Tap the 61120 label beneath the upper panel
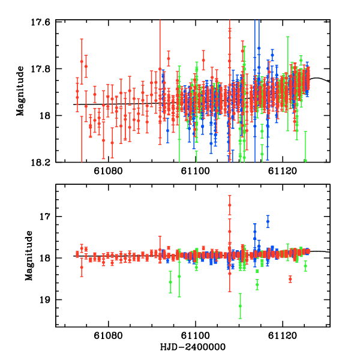pos(283,171)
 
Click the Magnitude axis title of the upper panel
pos(20,92)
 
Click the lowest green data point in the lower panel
pos(240,306)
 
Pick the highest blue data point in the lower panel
pos(268,221)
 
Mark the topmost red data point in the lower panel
pos(229,205)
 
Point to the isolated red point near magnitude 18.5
pos(290,279)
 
